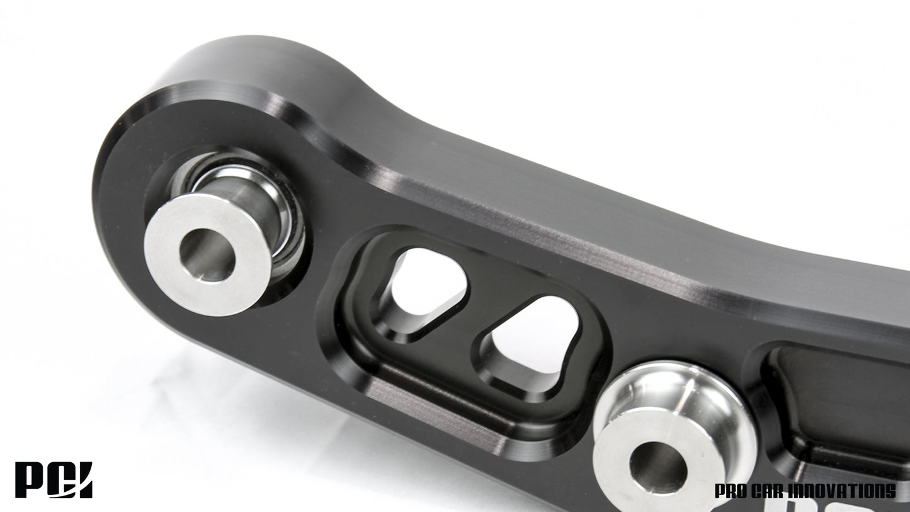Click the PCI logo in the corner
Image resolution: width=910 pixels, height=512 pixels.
point(54,480)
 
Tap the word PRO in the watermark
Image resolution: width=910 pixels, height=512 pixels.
point(731,491)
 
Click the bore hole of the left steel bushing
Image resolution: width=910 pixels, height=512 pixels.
point(207,254)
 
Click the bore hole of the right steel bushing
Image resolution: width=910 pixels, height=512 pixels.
point(658,467)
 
